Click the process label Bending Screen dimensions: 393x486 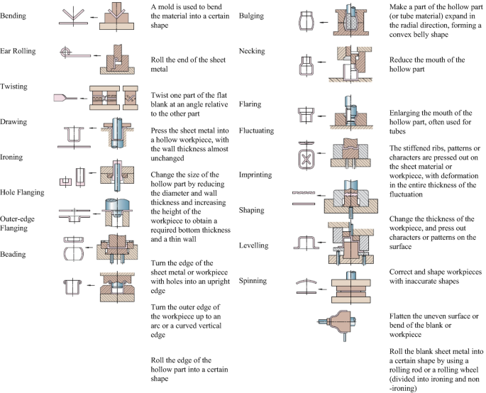point(14,15)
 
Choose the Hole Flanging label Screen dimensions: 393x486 point(22,192)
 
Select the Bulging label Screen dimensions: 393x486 point(251,16)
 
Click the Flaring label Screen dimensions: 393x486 point(250,104)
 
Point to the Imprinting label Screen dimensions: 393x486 point(256,175)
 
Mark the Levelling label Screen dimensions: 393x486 point(254,245)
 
